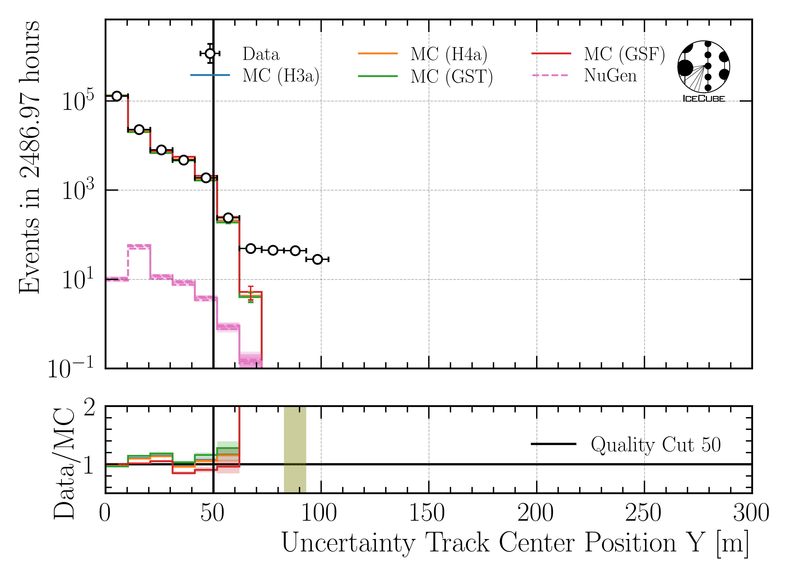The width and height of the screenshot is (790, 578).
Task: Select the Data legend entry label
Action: pos(261,54)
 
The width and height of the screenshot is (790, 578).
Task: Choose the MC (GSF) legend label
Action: pos(624,54)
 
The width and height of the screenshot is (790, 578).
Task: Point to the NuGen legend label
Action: pos(610,75)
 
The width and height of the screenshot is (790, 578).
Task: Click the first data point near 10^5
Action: pos(117,96)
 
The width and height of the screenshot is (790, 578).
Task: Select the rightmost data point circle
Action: pos(317,259)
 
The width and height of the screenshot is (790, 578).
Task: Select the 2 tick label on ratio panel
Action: pos(90,408)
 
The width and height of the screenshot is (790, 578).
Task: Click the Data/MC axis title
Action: pos(64,464)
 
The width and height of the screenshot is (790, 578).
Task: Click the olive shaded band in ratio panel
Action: pos(295,450)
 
